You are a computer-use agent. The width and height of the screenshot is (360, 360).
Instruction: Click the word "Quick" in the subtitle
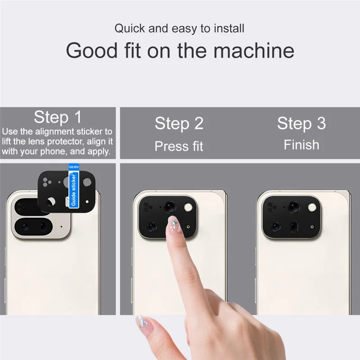[130, 29]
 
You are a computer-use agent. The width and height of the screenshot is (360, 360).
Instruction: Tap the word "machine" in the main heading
[254, 51]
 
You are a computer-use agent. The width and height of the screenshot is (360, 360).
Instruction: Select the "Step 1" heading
[58, 117]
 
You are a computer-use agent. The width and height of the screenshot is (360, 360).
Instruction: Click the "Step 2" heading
[179, 123]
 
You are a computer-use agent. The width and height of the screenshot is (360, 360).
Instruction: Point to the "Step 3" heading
[301, 123]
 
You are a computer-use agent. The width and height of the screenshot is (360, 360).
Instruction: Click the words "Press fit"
[179, 146]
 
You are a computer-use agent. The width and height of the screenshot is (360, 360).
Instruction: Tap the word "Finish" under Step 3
[301, 145]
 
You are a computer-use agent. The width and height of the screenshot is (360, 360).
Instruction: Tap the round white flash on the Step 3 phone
[312, 207]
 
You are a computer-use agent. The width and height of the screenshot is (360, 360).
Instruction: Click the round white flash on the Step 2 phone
[188, 207]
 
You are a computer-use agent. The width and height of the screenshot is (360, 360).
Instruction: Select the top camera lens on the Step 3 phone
[294, 207]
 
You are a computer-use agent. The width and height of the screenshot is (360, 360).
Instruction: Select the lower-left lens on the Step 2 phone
[152, 227]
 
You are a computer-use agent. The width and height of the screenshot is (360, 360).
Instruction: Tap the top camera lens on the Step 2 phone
[170, 207]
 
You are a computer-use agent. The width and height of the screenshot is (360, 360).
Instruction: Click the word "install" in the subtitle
[228, 29]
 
